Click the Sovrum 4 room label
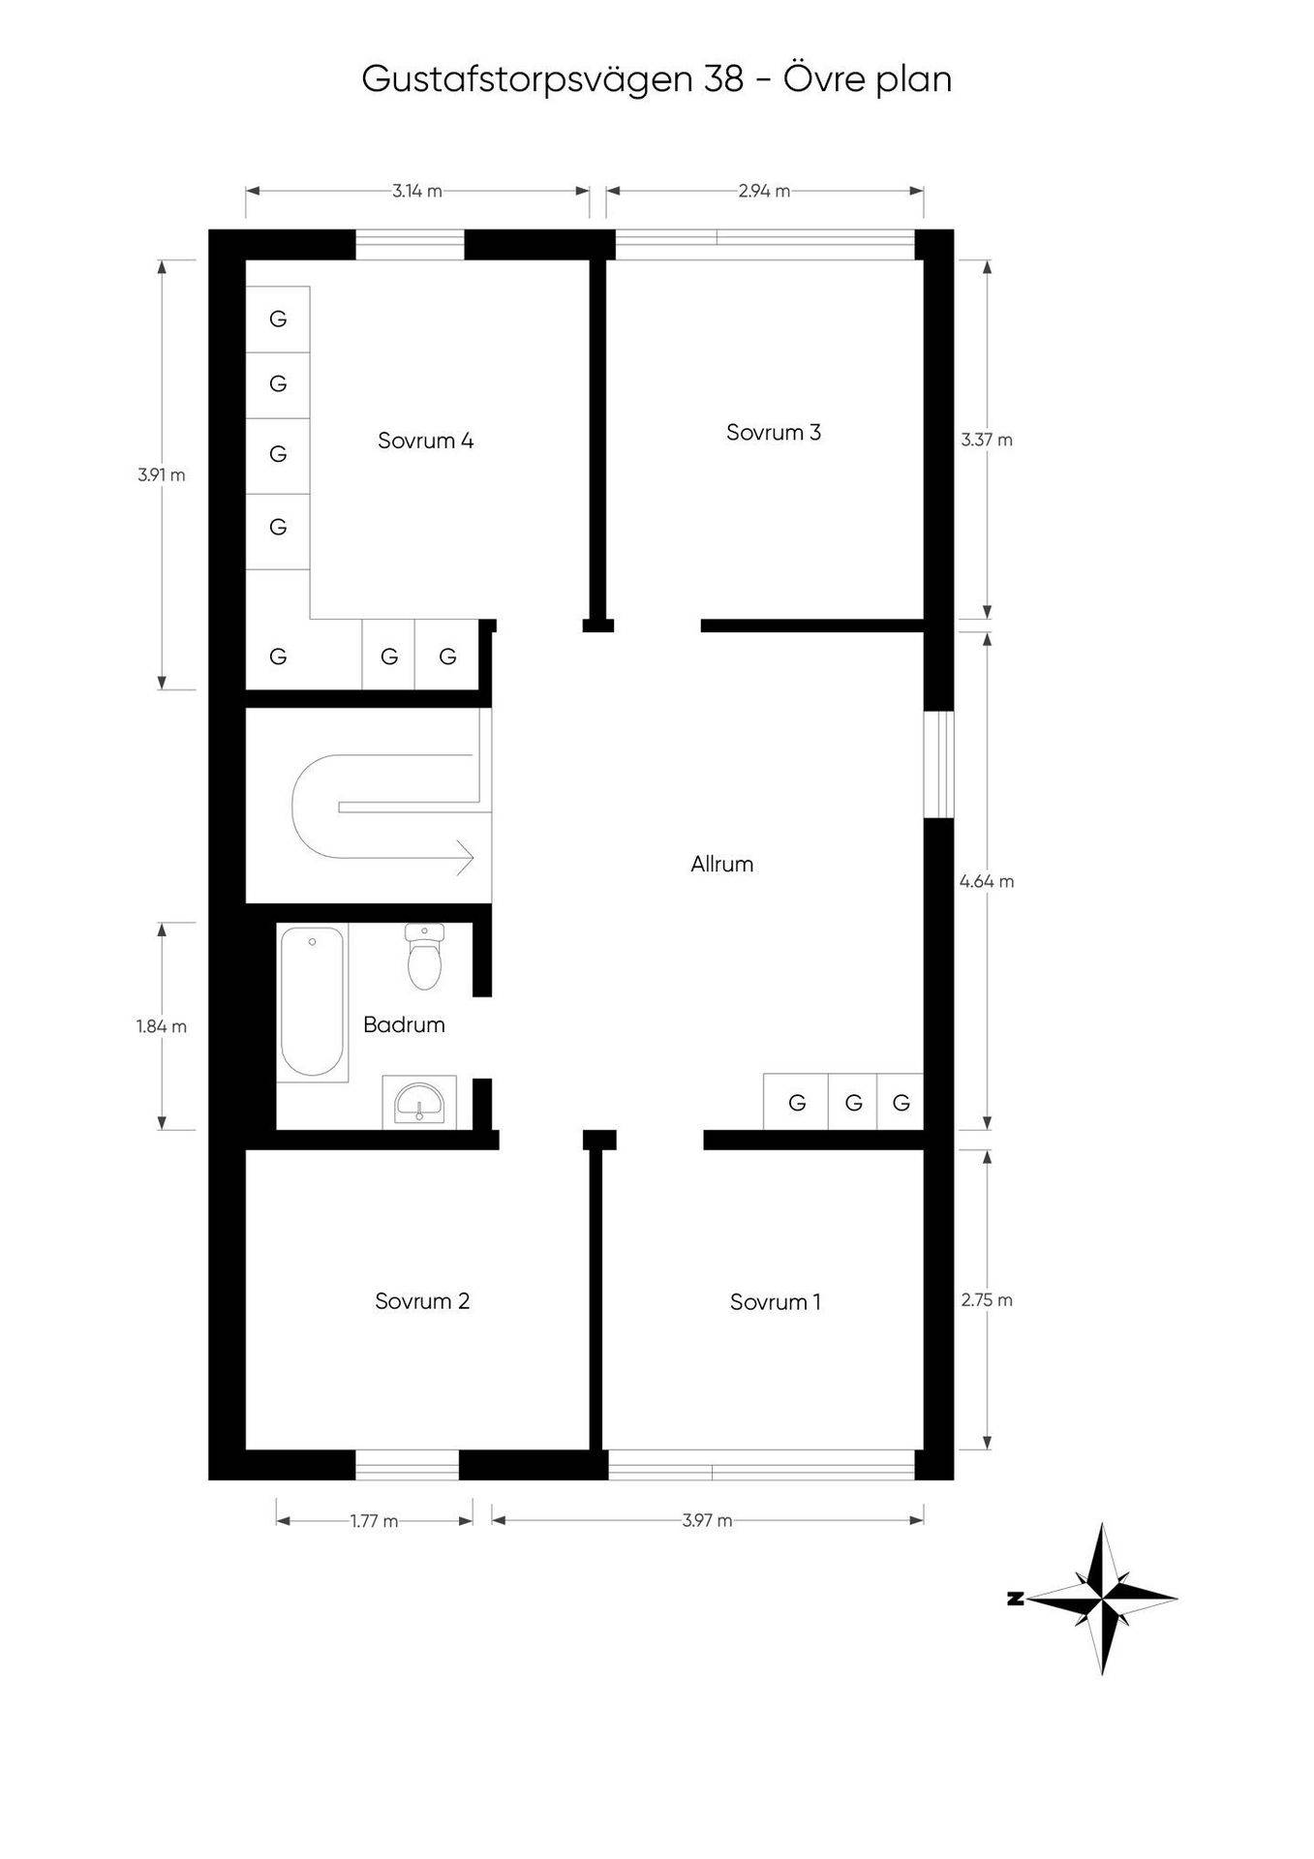point(425,442)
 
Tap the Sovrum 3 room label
point(774,433)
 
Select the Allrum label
point(721,864)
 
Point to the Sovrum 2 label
point(422,1301)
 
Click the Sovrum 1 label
point(775,1302)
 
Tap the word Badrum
point(404,1024)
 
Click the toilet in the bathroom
point(424,957)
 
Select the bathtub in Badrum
point(312,1002)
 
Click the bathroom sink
point(419,1102)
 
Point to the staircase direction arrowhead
point(466,857)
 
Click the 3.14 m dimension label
point(417,191)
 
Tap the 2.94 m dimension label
point(764,191)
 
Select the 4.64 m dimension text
point(987,881)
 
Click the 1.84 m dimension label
point(162,1026)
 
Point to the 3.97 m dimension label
point(707,1520)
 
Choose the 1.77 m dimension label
point(375,1520)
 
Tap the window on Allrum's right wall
point(938,765)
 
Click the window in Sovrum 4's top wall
point(410,245)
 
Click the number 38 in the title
point(724,79)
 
